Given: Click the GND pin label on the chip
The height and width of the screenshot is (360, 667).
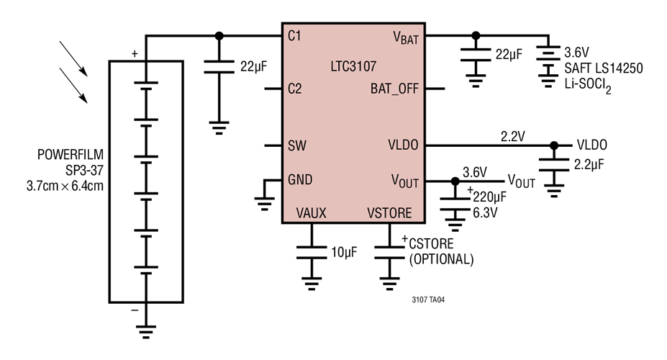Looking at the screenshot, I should (x=300, y=180).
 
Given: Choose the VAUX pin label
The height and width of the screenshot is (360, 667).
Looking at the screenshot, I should (x=311, y=213).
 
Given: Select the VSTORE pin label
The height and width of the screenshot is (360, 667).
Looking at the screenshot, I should (x=389, y=213).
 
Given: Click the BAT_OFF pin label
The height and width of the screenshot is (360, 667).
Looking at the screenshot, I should (x=394, y=90).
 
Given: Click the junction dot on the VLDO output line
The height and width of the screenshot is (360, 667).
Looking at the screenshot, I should (x=553, y=146).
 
